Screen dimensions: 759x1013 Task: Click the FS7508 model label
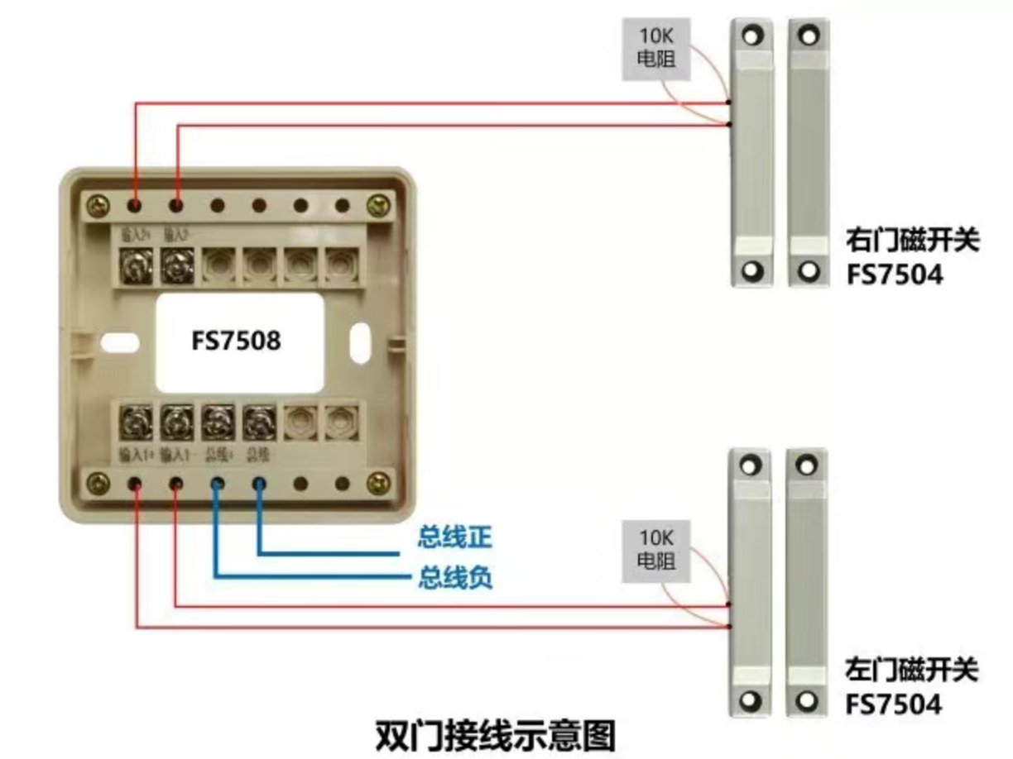236,341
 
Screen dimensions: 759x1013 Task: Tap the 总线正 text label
454,538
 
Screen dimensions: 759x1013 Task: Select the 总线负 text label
454,577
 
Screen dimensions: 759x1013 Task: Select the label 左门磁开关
912,670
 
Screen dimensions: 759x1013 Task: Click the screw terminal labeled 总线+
217,424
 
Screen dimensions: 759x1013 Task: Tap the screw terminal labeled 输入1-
175,424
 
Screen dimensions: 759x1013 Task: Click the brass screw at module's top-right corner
380,203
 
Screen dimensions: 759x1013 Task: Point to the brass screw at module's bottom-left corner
98,481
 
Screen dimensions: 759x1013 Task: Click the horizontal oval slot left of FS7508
116,340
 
